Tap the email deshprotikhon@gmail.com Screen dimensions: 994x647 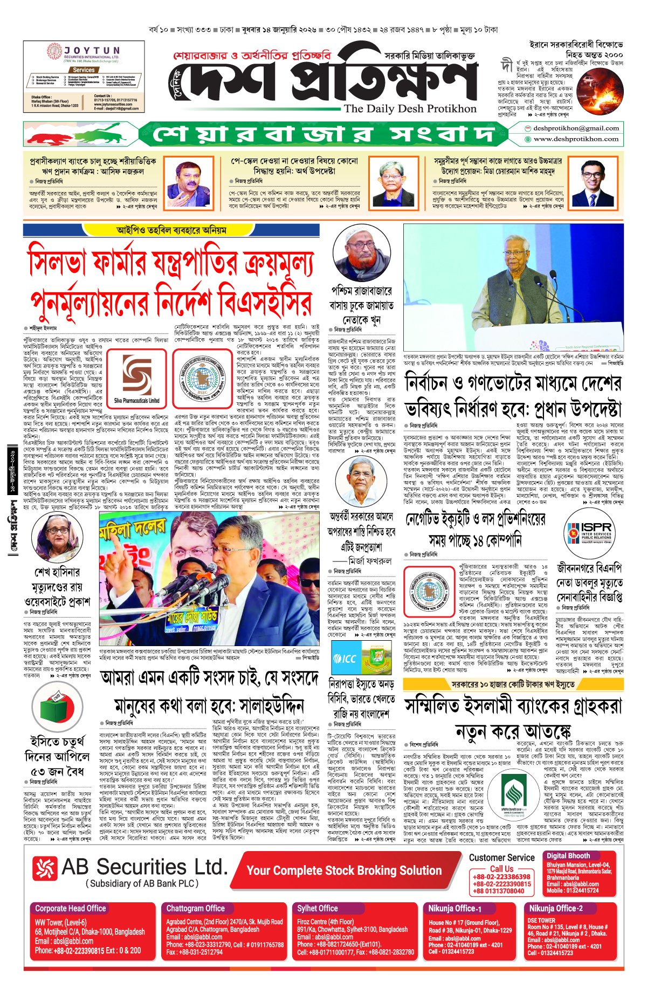coord(575,128)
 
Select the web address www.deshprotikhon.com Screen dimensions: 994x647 coord(576,139)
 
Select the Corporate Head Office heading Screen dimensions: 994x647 coord(71,908)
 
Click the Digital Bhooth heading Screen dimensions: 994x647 coord(568,856)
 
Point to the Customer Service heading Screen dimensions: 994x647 coord(501,858)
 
